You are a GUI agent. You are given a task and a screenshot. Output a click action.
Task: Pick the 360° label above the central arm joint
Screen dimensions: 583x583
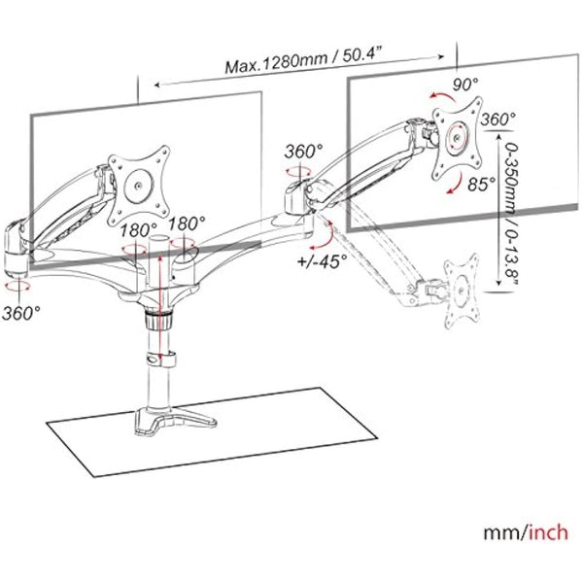304,152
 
